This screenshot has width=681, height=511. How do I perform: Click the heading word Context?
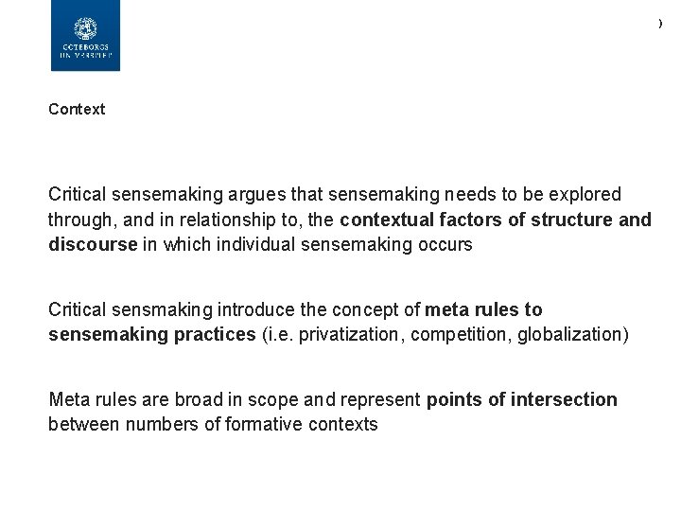click(77, 109)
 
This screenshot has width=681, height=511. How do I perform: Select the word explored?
click(584, 195)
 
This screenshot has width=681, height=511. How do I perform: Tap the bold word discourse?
click(92, 245)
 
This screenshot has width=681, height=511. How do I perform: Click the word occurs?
click(445, 245)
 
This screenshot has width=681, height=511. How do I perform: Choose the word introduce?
click(259, 309)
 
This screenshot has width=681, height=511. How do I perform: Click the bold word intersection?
click(565, 399)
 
